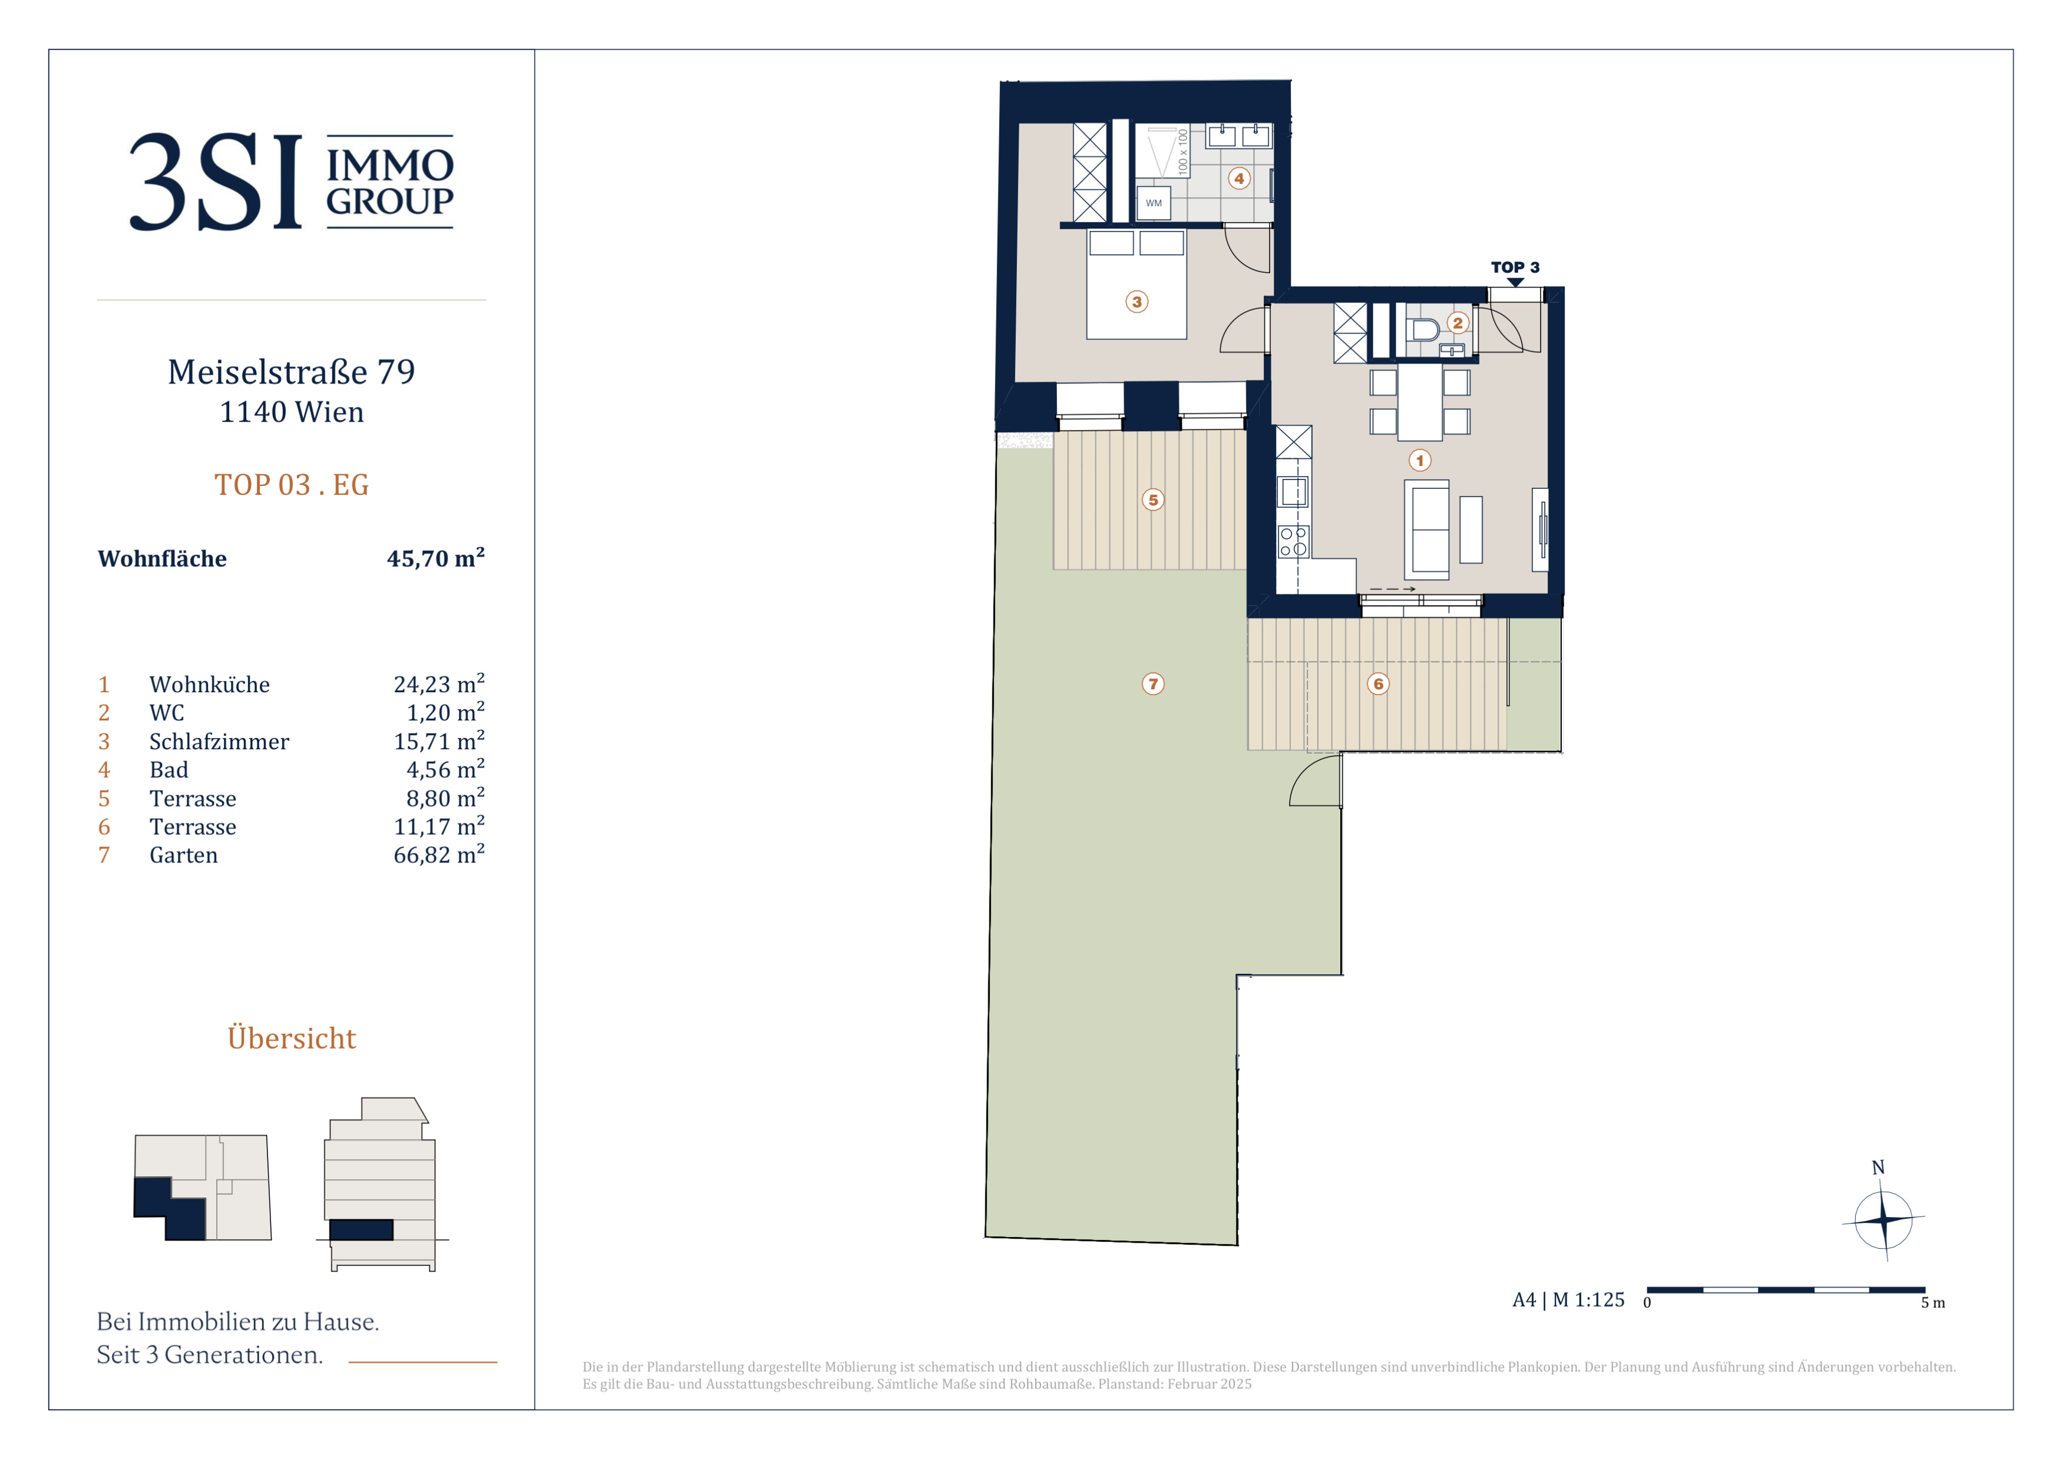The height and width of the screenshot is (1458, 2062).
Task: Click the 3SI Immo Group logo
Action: point(291,181)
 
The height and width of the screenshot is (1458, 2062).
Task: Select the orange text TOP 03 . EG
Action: point(291,485)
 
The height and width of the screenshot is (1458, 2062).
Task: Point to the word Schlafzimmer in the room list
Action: point(219,742)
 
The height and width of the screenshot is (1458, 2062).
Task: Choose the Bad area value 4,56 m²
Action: point(445,769)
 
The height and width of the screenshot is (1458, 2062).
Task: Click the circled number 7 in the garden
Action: point(1153,684)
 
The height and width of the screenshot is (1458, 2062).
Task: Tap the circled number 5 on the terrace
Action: point(1153,500)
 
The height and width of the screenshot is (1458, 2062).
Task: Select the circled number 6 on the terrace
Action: point(1379,684)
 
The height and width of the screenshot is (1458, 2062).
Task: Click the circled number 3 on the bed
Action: point(1137,302)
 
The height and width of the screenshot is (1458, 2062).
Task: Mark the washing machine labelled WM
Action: point(1153,203)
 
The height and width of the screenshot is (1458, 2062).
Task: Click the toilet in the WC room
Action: point(1423,329)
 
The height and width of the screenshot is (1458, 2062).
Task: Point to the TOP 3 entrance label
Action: point(1515,267)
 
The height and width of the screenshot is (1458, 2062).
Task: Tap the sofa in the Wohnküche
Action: point(1427,530)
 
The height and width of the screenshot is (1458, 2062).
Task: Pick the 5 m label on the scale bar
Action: point(1932,1302)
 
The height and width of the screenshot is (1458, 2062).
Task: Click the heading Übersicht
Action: point(291,1038)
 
